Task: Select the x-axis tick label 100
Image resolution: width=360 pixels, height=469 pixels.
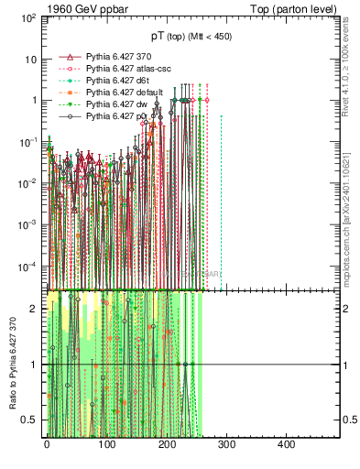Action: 106,443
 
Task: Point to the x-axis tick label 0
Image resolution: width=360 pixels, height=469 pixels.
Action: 46,443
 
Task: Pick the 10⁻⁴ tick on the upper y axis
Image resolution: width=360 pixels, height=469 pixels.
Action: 29,267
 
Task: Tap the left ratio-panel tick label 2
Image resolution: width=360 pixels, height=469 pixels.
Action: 35,309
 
